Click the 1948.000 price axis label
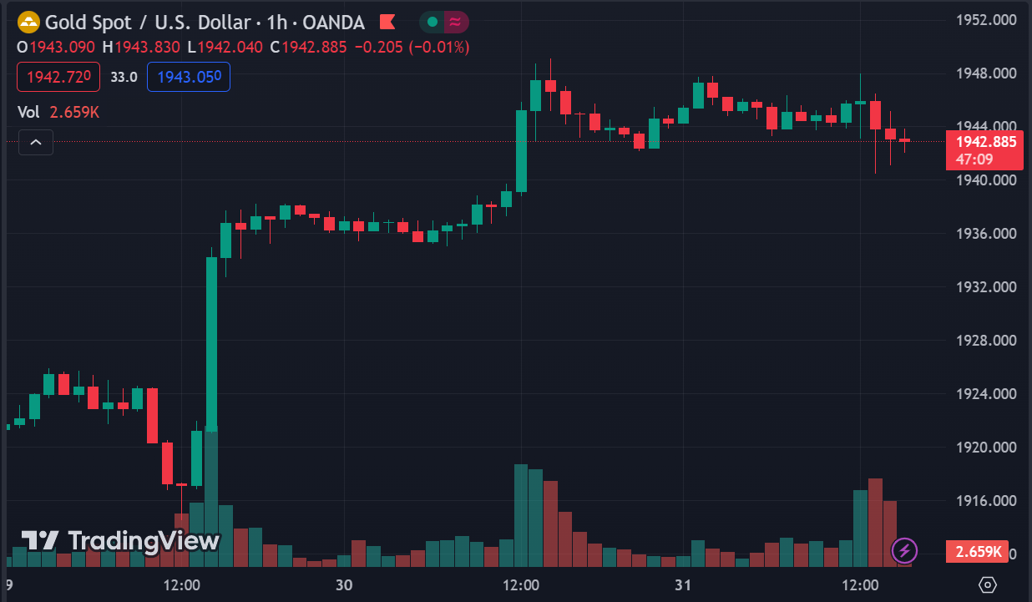[986, 73]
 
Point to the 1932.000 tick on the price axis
[986, 287]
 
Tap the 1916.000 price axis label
[986, 501]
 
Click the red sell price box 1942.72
[58, 77]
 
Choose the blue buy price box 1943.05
[189, 77]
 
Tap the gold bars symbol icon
[28, 22]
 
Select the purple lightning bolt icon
[905, 550]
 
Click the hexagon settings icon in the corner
[989, 585]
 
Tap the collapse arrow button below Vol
[36, 143]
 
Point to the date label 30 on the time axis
[342, 585]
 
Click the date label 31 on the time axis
[683, 585]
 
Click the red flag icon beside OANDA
[387, 22]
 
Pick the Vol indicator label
[28, 112]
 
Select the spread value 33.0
[124, 77]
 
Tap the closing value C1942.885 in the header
[308, 47]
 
